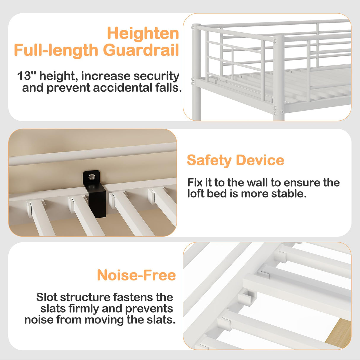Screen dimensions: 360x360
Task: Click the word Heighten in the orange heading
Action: coord(143,33)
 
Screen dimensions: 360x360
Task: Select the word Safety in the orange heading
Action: coord(209,160)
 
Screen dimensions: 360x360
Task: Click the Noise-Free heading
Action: coord(136,275)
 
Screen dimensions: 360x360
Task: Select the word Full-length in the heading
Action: coord(55,50)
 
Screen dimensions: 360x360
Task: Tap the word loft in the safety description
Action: coord(195,194)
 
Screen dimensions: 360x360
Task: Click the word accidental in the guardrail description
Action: coord(122,88)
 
